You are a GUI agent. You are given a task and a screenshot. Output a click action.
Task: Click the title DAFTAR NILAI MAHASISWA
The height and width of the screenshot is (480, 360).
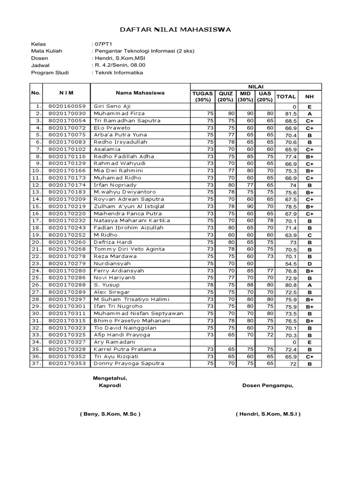[x=176, y=30]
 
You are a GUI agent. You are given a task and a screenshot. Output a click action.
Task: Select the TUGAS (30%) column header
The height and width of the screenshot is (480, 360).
[x=202, y=97]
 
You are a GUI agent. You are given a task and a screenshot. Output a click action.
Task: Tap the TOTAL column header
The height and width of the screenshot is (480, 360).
[x=286, y=97]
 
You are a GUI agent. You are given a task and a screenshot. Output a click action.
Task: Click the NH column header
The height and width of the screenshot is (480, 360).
[x=309, y=97]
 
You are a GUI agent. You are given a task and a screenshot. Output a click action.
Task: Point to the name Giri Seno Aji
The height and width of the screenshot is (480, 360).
[x=112, y=106]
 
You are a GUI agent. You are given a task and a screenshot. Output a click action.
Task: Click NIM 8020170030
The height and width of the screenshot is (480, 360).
[x=67, y=113]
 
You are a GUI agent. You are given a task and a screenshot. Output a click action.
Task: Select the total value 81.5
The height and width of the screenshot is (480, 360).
[x=290, y=114]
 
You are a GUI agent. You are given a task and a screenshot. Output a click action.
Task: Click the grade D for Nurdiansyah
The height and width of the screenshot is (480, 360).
[x=309, y=264]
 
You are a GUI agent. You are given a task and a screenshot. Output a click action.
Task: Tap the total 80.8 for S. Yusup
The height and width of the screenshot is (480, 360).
[x=290, y=285]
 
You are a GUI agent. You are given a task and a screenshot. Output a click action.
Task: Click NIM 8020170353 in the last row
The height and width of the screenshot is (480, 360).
[x=67, y=364]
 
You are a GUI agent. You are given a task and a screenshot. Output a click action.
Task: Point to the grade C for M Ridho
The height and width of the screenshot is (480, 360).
[x=309, y=235]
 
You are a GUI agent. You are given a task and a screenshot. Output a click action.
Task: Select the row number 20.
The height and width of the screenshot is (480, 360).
[x=36, y=242]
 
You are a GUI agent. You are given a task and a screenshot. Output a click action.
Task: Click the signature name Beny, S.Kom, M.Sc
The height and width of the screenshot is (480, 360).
[x=110, y=414]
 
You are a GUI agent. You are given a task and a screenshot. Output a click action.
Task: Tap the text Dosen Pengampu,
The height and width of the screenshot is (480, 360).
[x=268, y=385]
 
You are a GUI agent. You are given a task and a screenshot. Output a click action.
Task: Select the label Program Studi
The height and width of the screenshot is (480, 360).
[x=50, y=73]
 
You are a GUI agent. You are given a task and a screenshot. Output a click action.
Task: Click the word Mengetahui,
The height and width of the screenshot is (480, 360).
[x=110, y=378]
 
